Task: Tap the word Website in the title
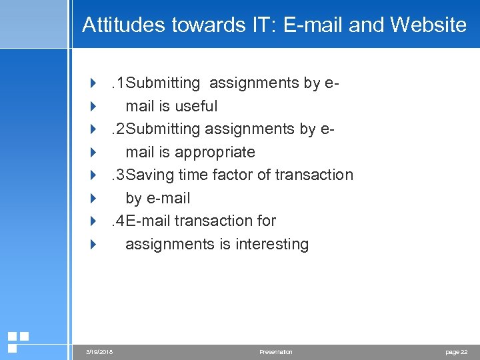coord(429,25)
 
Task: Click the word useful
coord(197,106)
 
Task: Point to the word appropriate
coord(215,152)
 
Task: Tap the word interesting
coord(272,244)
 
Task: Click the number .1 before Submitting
coord(118,83)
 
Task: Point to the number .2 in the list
coord(118,129)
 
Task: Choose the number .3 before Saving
coord(118,175)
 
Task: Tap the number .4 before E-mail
coord(118,221)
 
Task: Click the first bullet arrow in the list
coord(93,83)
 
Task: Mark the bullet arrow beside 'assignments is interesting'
coord(93,244)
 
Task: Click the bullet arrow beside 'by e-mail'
coord(93,198)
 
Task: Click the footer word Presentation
coord(276,351)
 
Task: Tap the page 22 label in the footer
coord(456,351)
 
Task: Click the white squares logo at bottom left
coord(17,341)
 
